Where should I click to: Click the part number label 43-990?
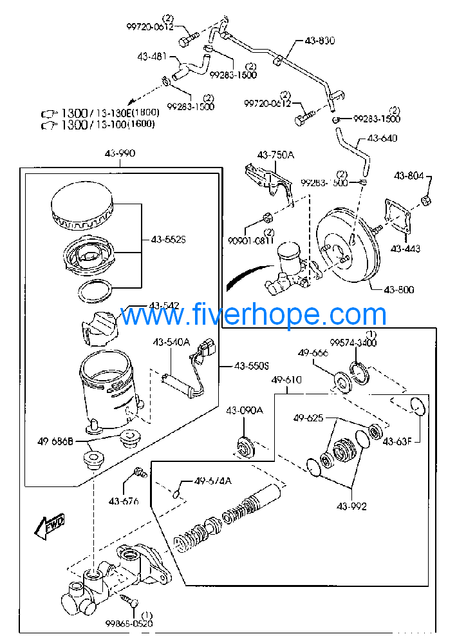[120, 154]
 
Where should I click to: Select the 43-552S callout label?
[169, 239]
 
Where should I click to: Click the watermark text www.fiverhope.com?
[253, 315]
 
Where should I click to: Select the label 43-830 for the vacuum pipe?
[319, 40]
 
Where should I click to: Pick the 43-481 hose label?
[152, 56]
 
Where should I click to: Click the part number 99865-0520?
[129, 623]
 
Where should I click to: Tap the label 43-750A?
[275, 155]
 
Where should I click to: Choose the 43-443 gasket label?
[406, 249]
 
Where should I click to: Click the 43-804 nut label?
[409, 175]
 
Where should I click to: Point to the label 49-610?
[286, 380]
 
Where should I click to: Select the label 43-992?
[351, 506]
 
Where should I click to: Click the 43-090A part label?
[244, 410]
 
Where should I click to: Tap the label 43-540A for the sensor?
[171, 343]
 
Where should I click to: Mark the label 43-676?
[124, 501]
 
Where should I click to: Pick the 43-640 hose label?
[382, 138]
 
